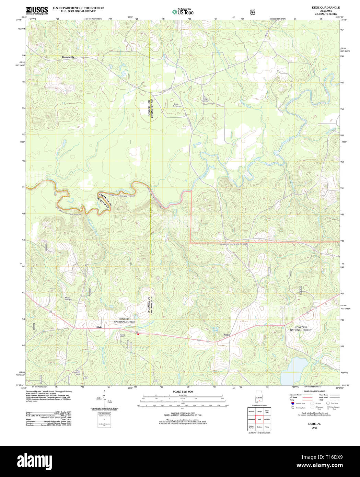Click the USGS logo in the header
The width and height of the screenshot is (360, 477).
coord(37,10)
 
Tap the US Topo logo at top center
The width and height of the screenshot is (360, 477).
coord(183,12)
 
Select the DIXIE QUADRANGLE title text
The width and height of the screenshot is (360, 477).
coord(321,8)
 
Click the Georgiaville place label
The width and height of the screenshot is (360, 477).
coord(68,57)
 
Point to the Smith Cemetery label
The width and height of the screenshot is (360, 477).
coord(176,105)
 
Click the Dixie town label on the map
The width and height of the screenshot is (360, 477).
coord(99,327)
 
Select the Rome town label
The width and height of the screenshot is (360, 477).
coord(227,335)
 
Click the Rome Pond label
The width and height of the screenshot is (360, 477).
coord(215,329)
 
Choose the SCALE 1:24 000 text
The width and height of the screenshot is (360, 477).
coord(183,392)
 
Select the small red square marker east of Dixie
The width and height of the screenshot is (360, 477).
coord(138,334)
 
